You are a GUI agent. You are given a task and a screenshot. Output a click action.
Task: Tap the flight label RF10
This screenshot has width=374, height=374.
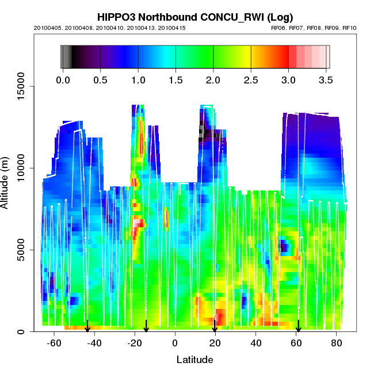[x=349, y=28]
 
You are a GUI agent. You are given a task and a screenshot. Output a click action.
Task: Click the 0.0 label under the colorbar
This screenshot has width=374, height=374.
[x=63, y=79]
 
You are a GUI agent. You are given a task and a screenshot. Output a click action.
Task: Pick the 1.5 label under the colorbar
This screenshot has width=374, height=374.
[x=175, y=79]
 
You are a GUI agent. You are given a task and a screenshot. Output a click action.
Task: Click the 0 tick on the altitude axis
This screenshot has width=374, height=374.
[x=25, y=331]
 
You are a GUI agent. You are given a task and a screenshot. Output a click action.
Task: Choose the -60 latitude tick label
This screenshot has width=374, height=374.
[x=54, y=343]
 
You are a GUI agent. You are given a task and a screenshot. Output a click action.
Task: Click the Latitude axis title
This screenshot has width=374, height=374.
[x=194, y=360]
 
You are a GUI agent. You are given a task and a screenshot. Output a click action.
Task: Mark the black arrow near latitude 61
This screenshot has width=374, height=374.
[x=298, y=326]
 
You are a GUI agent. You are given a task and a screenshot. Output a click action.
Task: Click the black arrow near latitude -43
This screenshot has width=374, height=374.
[x=87, y=326]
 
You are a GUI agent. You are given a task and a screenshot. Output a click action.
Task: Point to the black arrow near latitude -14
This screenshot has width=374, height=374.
[x=146, y=326]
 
